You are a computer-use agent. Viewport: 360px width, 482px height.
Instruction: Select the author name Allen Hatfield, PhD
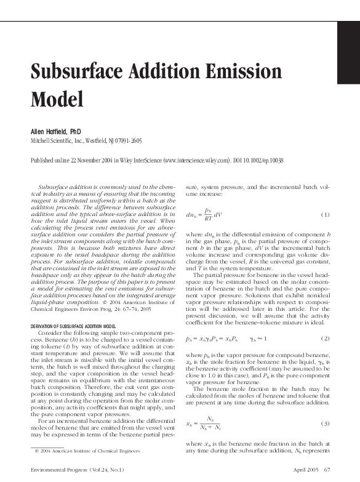pos(56,132)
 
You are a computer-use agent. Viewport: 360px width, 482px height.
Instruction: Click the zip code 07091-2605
pos(127,141)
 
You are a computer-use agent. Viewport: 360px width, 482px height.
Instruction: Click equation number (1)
pos(326,214)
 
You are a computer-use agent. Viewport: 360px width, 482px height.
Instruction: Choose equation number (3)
pos(326,424)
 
